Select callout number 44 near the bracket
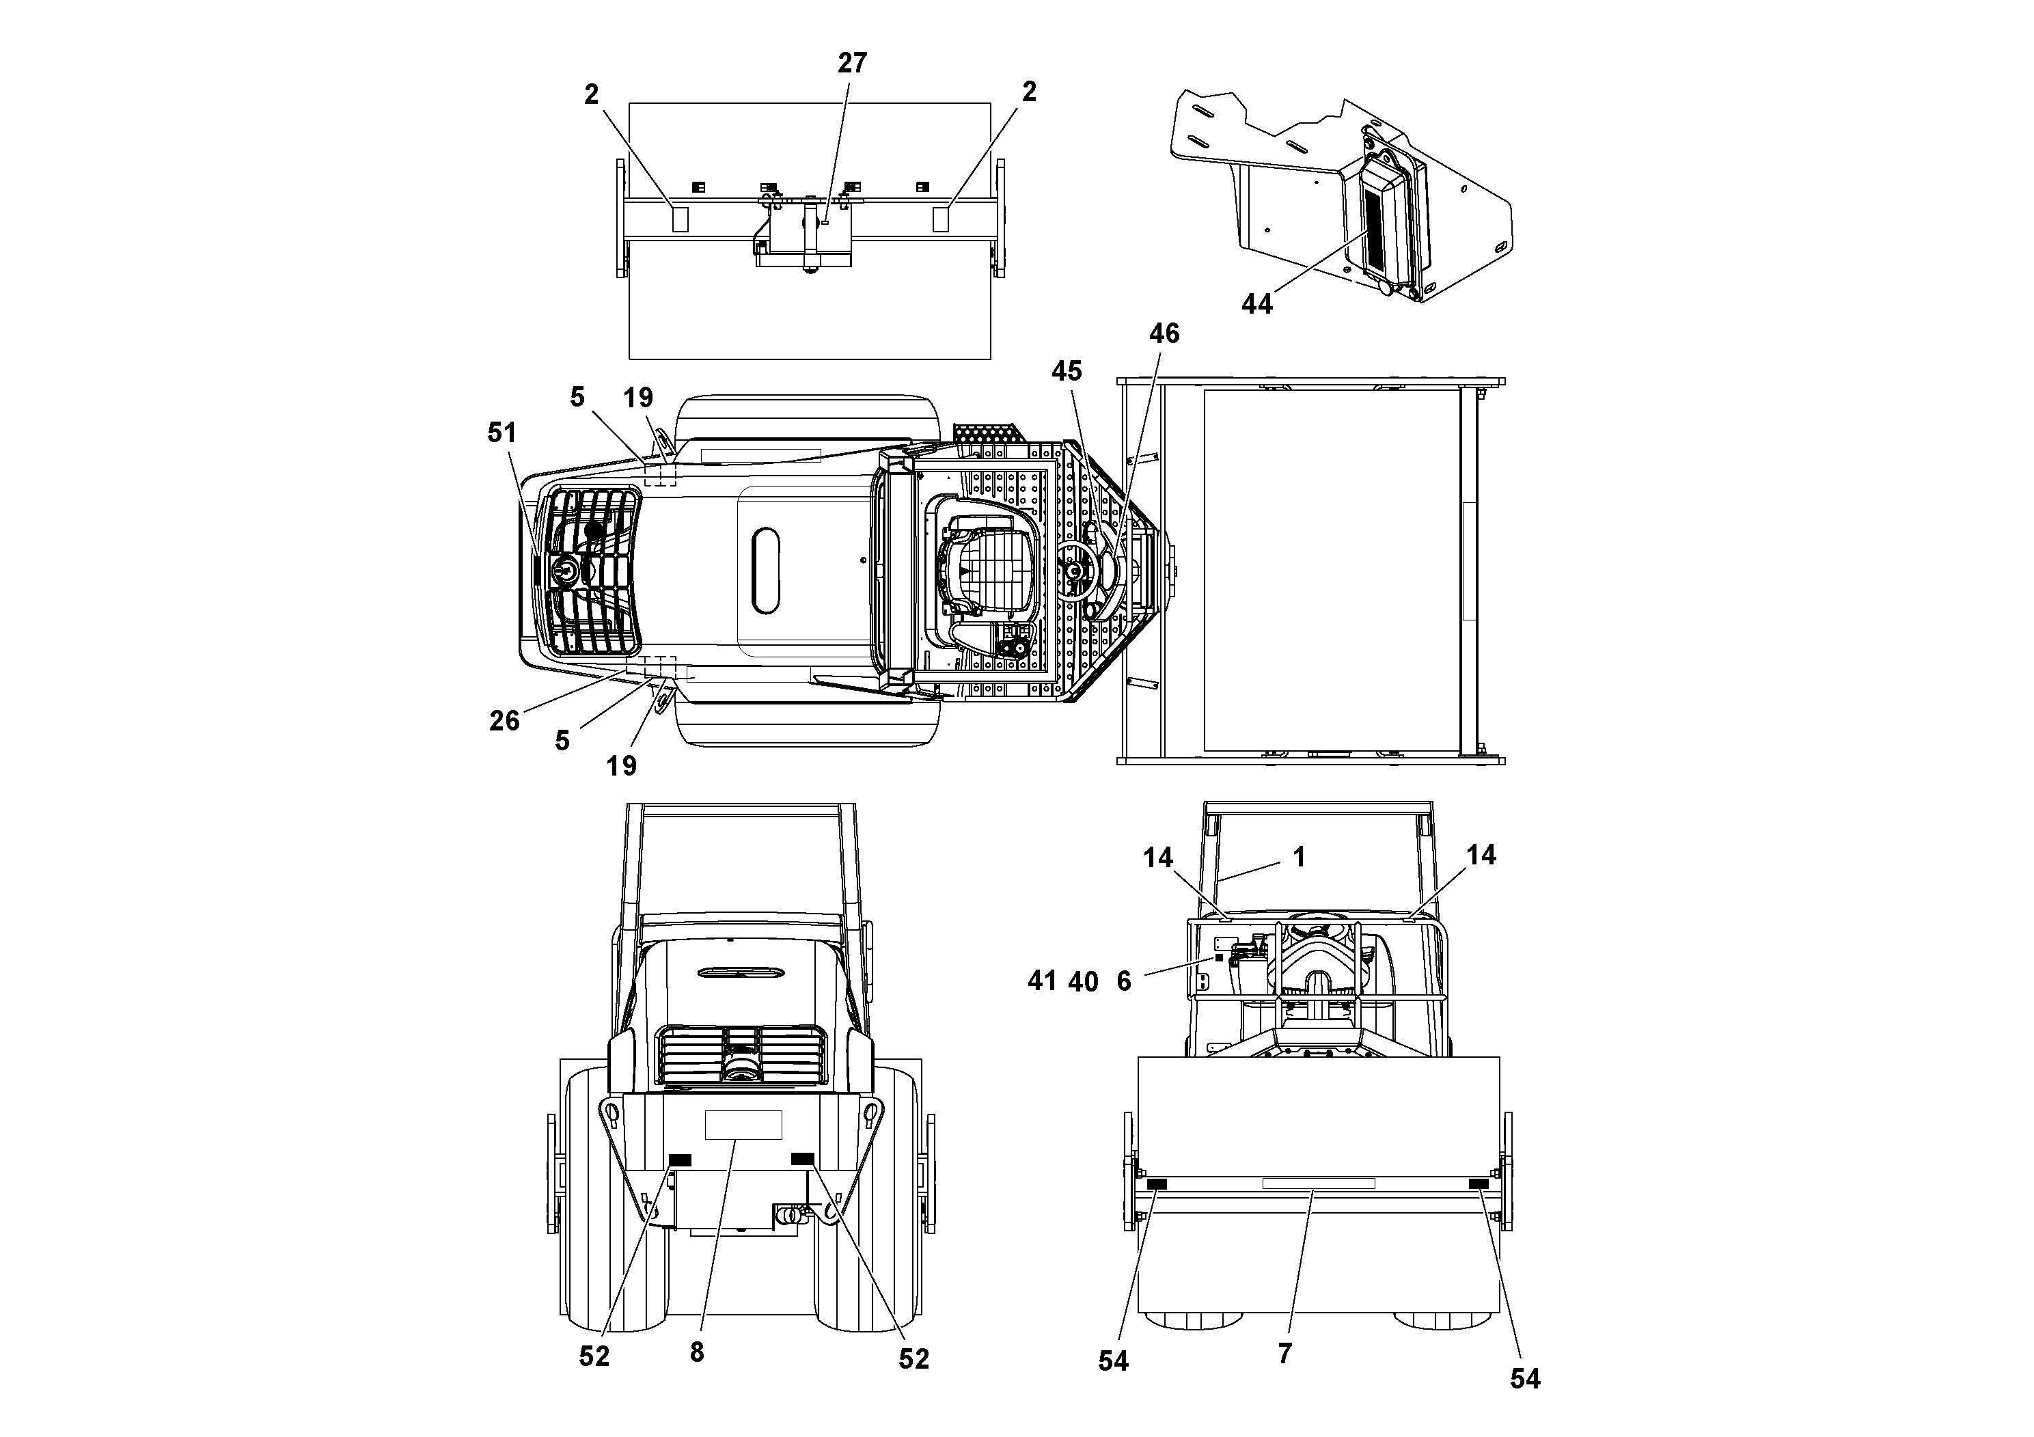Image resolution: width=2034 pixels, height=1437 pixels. click(1256, 304)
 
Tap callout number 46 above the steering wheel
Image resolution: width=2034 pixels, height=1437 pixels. click(1164, 333)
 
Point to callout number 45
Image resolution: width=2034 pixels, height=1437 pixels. click(1067, 371)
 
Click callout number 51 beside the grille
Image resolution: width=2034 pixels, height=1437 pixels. click(501, 433)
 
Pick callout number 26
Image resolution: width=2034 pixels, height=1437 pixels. click(504, 720)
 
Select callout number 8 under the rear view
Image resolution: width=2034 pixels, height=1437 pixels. click(696, 1352)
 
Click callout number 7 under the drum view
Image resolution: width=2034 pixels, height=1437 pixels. click(1284, 1353)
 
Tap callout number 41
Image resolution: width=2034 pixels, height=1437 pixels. click(1042, 981)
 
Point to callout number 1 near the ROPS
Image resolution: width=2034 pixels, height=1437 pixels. click(1299, 857)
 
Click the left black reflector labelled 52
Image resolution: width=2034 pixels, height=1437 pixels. click(679, 1160)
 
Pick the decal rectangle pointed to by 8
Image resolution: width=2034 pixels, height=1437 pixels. click(743, 1124)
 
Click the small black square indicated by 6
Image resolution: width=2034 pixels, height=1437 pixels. click(1218, 958)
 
